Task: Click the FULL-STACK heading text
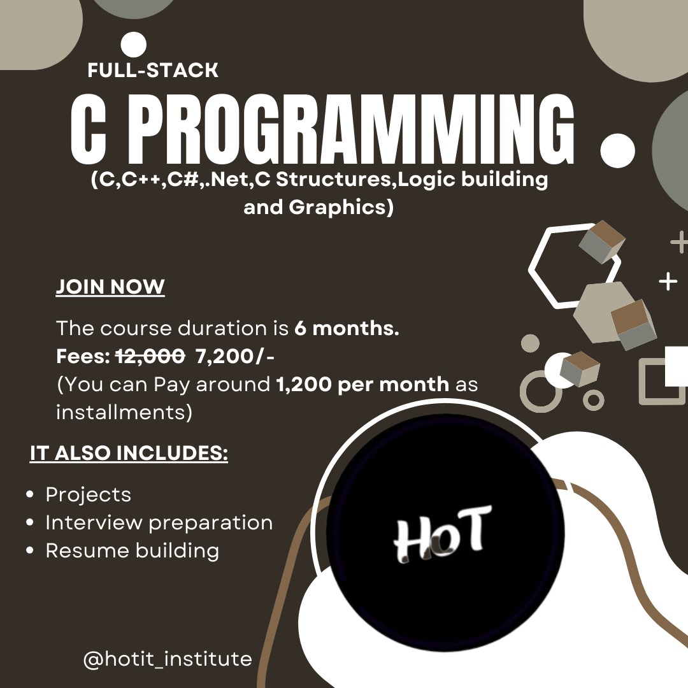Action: (153, 70)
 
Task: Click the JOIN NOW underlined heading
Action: (110, 287)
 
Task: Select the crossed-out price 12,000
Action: (150, 356)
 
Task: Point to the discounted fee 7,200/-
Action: (235, 357)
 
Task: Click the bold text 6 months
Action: (347, 328)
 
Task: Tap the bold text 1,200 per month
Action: (363, 384)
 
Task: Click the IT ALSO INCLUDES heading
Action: (129, 453)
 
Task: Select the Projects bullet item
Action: (88, 494)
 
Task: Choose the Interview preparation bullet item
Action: (159, 522)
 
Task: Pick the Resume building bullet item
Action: (132, 550)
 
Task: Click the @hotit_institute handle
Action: (168, 659)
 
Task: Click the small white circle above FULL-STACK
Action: (133, 45)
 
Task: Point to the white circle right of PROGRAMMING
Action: (617, 150)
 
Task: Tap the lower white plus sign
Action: (668, 282)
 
